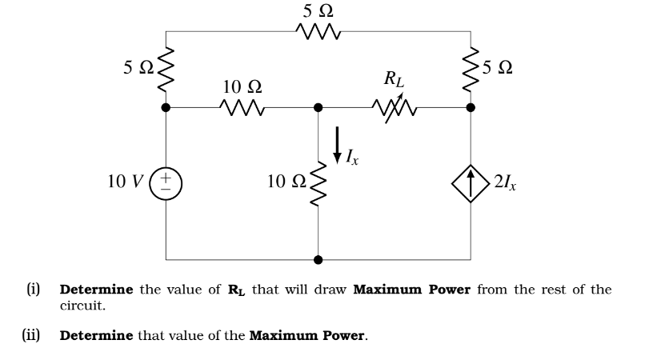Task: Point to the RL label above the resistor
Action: click(394, 78)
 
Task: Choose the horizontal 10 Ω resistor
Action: click(241, 107)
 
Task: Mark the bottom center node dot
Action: click(318, 260)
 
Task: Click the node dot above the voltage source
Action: click(166, 107)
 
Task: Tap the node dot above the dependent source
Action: click(469, 107)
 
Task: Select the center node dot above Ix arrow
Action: click(318, 107)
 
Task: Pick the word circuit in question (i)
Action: click(82, 306)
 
